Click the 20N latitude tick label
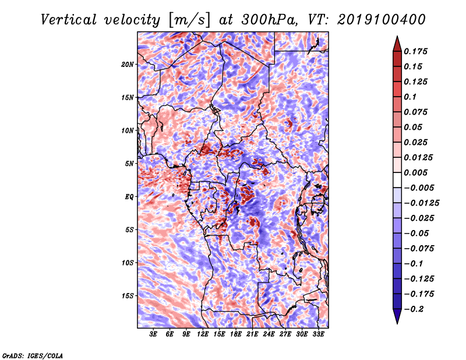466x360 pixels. (x=128, y=65)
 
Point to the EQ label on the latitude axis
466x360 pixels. (x=129, y=197)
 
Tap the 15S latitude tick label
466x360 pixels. (x=128, y=296)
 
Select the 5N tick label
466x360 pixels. (x=129, y=164)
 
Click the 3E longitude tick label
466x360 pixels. (x=153, y=334)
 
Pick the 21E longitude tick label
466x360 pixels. (x=252, y=334)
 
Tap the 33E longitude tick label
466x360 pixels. (x=318, y=334)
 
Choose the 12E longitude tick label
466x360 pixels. (x=203, y=334)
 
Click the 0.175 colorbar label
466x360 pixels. (x=415, y=51)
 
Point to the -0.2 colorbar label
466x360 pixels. (x=414, y=309)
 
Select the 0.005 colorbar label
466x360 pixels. (x=415, y=172)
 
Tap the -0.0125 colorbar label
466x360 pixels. (x=421, y=203)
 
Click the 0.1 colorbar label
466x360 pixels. (x=410, y=97)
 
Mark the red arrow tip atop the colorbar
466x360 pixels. (x=397, y=36)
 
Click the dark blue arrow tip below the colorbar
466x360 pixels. (x=397, y=324)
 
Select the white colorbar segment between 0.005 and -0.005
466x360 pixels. (x=397, y=180)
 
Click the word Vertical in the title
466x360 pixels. (x=69, y=20)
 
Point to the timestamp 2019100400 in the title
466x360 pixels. (x=382, y=20)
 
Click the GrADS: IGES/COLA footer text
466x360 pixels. (x=33, y=355)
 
